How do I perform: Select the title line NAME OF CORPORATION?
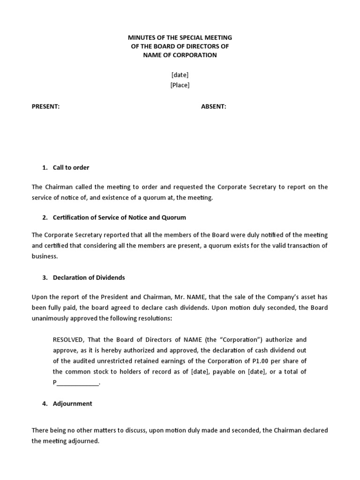[x=180, y=55]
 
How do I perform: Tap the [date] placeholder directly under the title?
[x=180, y=75]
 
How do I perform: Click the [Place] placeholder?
[x=180, y=85]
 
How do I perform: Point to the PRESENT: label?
[x=45, y=106]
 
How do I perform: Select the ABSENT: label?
[x=213, y=106]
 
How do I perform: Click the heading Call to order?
[x=71, y=167]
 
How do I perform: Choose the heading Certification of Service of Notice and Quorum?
[x=119, y=217]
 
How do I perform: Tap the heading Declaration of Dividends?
[x=89, y=277]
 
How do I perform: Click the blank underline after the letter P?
[x=78, y=382]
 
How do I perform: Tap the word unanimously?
[x=50, y=318]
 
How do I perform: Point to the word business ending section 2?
[x=44, y=256]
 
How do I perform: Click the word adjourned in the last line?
[x=84, y=441]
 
